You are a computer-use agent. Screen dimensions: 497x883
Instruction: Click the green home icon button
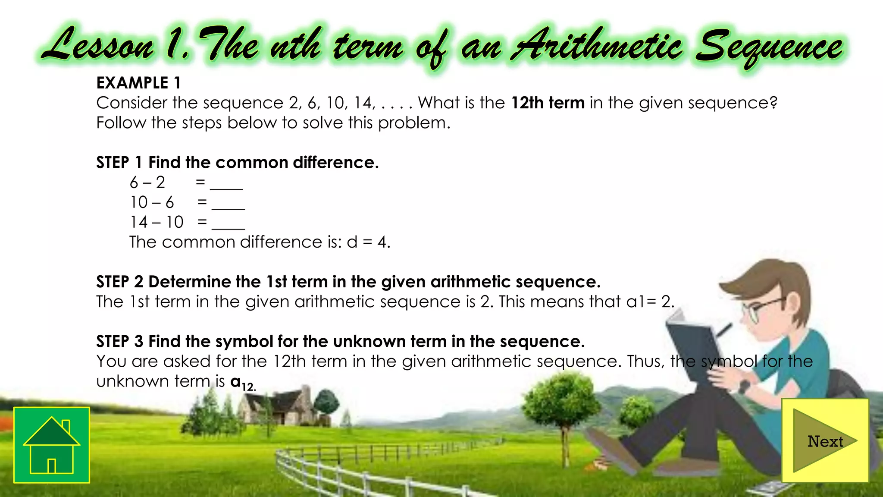52,445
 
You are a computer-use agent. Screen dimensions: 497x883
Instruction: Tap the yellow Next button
825,440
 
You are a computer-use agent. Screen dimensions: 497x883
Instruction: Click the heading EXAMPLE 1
138,83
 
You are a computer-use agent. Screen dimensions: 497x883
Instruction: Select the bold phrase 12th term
548,103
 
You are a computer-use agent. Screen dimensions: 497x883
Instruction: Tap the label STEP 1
119,163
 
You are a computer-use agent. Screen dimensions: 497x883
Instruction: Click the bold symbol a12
243,383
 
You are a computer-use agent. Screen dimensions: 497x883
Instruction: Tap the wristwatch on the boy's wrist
744,385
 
